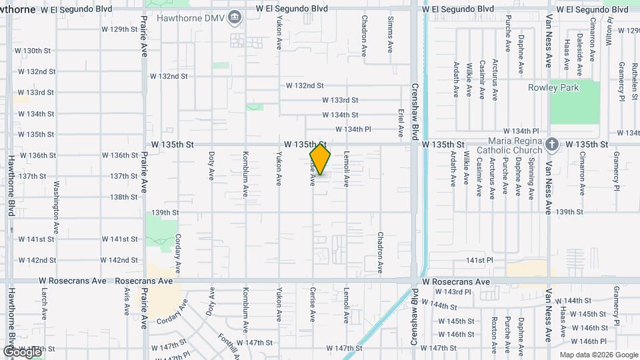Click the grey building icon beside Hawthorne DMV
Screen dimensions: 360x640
[x=235, y=17]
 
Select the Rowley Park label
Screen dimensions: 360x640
[x=553, y=87]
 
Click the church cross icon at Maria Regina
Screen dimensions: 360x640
[x=551, y=144]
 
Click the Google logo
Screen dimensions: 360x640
[x=21, y=351]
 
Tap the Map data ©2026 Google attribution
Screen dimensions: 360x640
[x=598, y=355]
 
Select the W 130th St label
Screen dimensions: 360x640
[x=33, y=51]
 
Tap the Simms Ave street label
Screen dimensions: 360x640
[x=391, y=35]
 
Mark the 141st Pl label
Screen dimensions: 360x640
[x=479, y=260]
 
